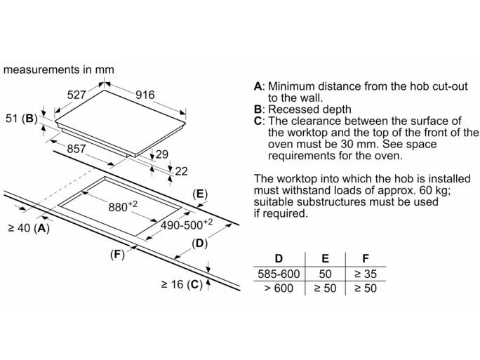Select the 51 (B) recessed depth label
(x=21, y=119)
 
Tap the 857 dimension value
(x=76, y=149)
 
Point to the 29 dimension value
(x=161, y=154)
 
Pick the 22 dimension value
(x=181, y=171)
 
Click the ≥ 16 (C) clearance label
(x=181, y=284)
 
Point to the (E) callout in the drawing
(x=200, y=194)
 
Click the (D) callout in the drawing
(x=200, y=244)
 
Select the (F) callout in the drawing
(x=116, y=254)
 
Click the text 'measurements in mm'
(x=59, y=69)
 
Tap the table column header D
(x=279, y=259)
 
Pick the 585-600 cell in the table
(x=279, y=274)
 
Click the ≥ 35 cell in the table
(x=365, y=274)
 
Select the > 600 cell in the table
(x=279, y=288)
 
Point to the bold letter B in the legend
(x=258, y=109)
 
